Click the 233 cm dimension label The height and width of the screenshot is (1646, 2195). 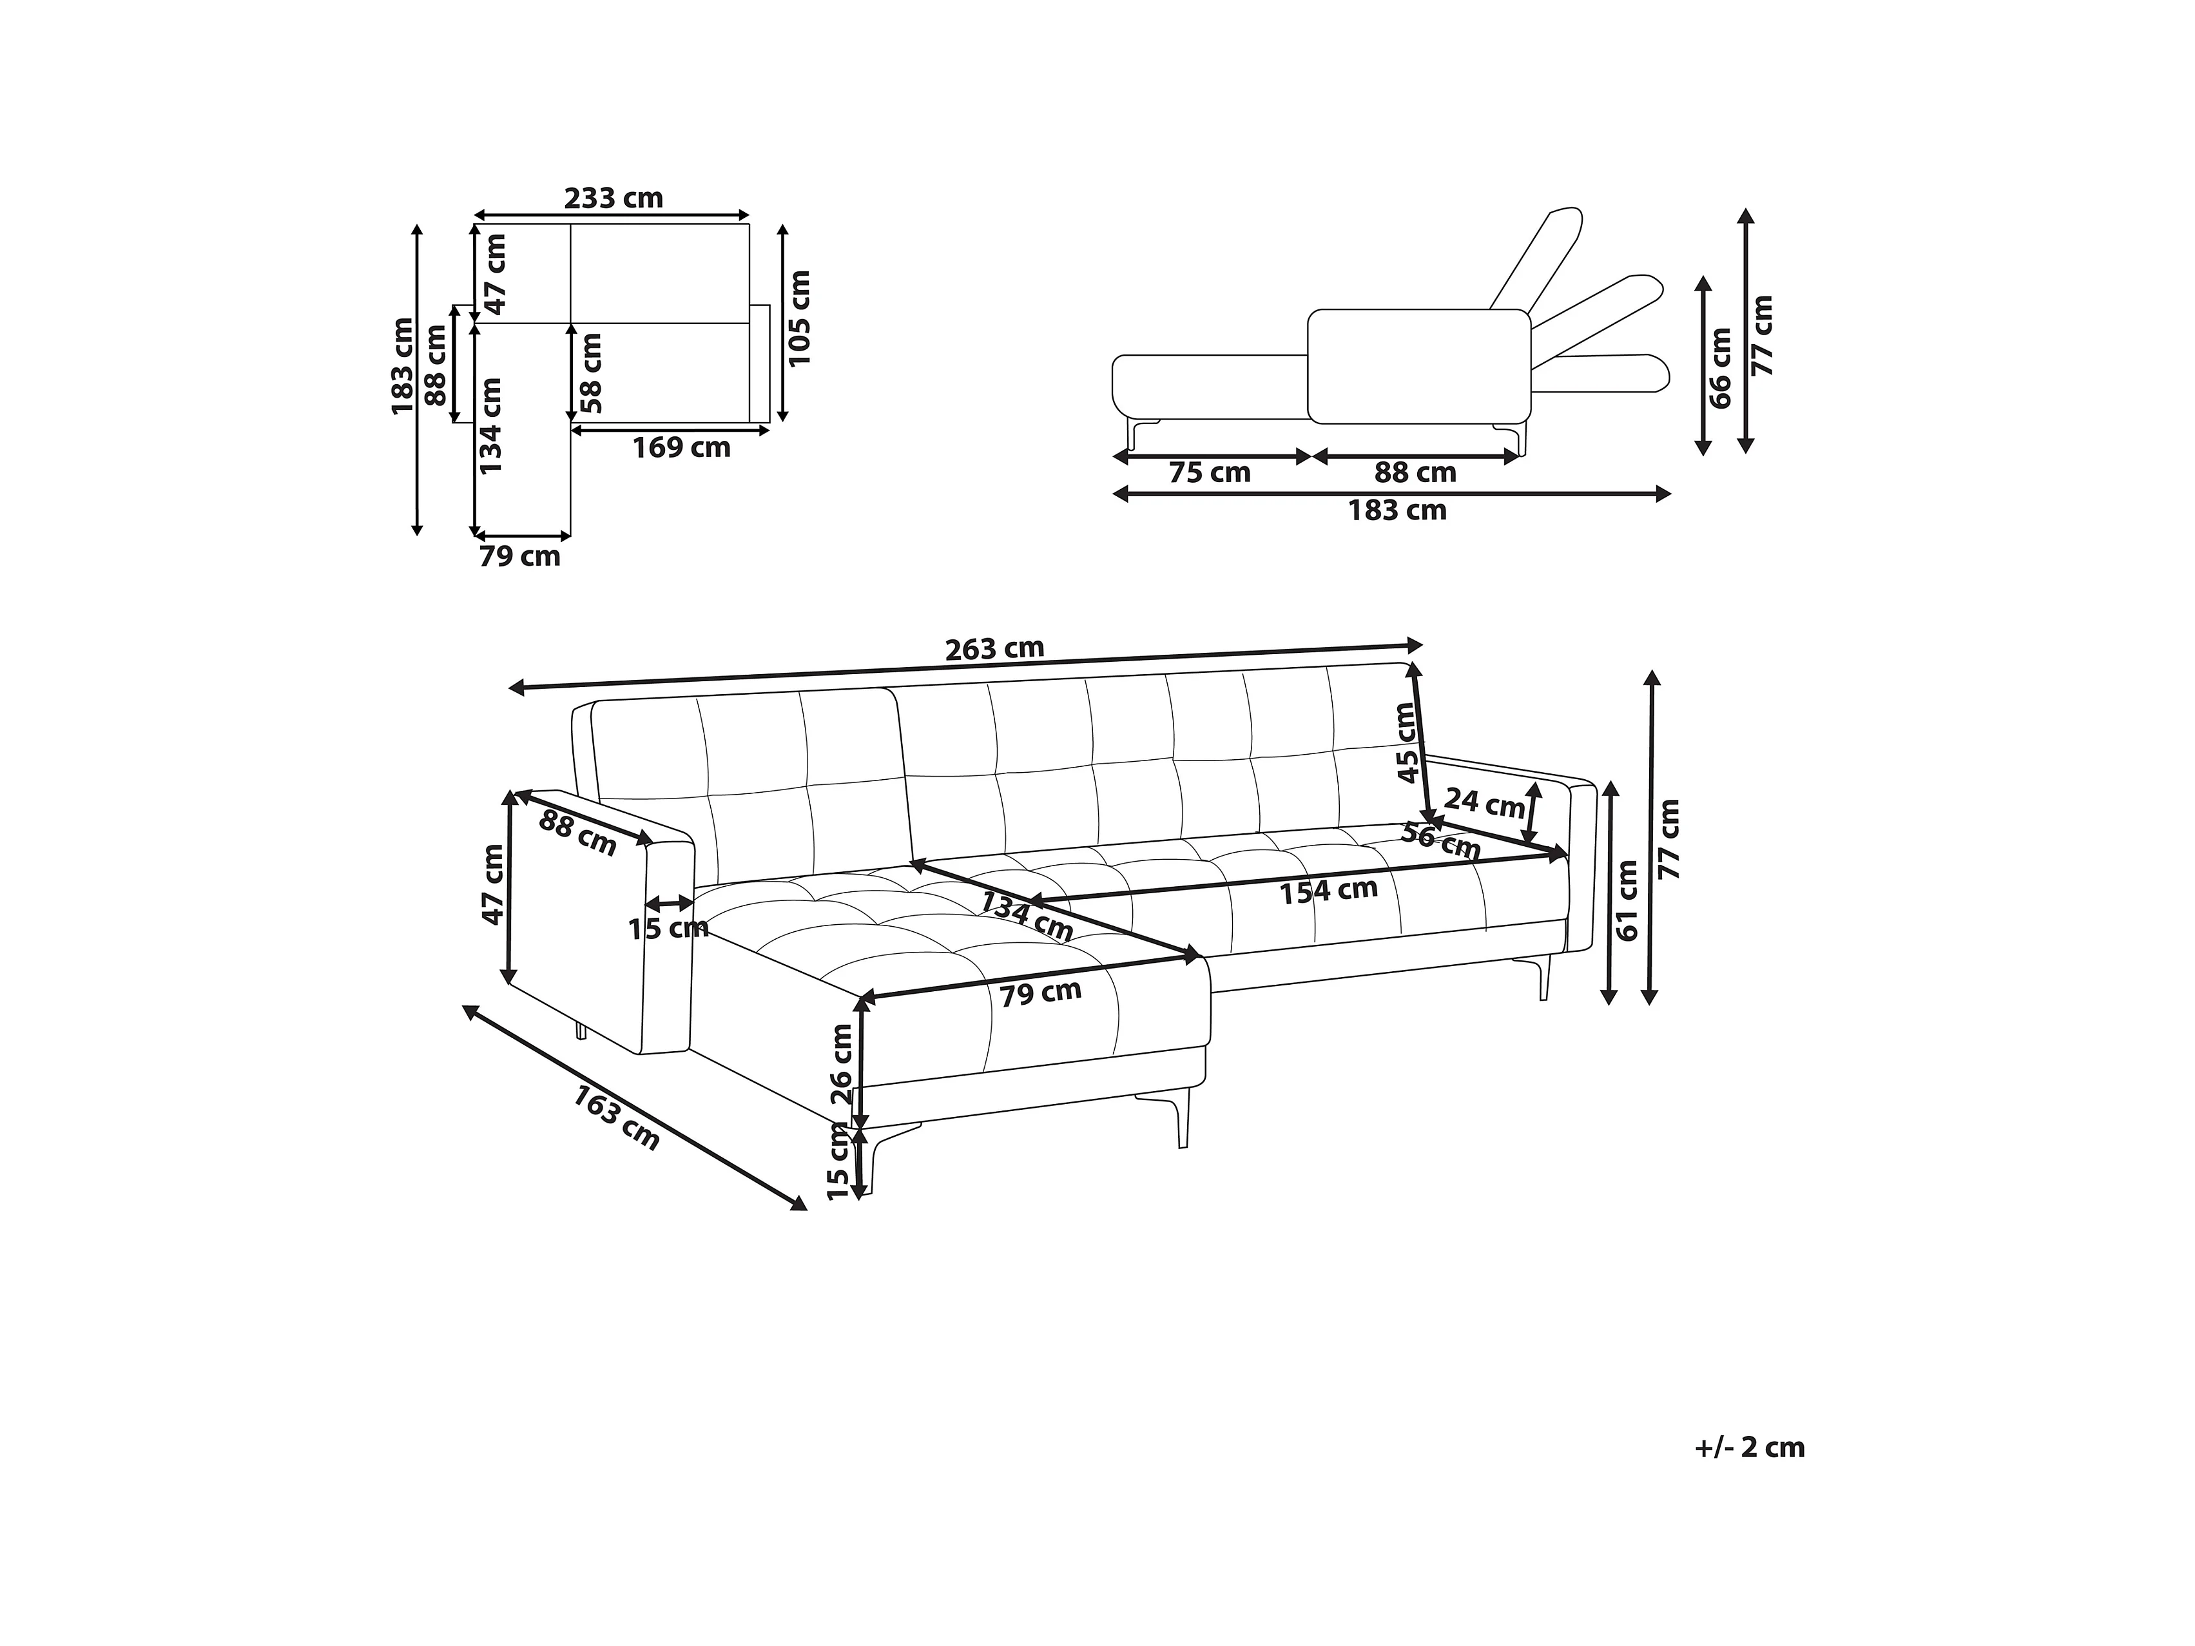click(614, 198)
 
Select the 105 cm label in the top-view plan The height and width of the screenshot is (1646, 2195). click(800, 318)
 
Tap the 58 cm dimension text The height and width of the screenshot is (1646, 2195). click(592, 373)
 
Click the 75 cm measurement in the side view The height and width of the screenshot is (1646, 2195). click(1210, 473)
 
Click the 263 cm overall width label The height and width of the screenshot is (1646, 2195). click(994, 649)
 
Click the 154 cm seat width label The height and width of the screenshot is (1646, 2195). click(1328, 891)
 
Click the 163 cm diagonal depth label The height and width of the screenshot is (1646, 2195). click(616, 1117)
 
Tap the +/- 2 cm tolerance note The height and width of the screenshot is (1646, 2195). click(1750, 1448)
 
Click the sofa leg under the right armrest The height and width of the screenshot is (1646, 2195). click(1543, 977)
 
